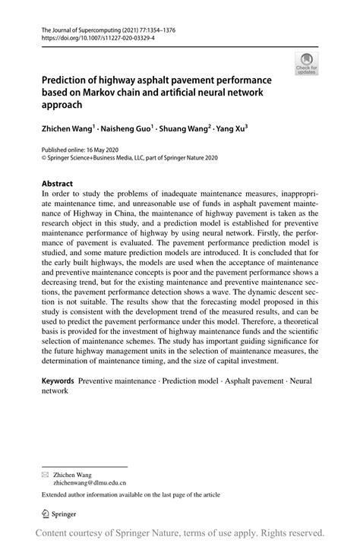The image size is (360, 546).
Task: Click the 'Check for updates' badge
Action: point(307,64)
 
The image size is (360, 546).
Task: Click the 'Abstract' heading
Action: point(57,184)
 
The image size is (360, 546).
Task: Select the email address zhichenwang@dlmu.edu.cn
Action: point(89,481)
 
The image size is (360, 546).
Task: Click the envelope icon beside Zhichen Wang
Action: point(45,474)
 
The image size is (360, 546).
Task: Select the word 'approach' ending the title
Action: point(62,106)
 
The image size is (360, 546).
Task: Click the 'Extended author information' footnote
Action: point(126,494)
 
